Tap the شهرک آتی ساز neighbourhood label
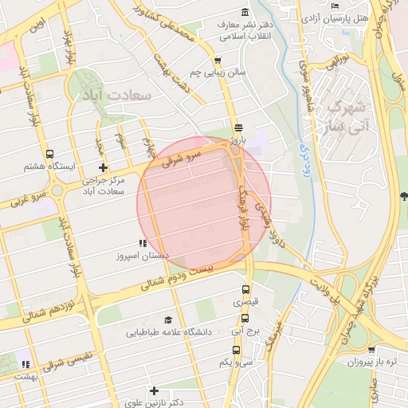coord(349,116)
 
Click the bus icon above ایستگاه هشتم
coord(50,154)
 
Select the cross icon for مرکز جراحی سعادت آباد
coord(103,167)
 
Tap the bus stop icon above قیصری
coord(245,289)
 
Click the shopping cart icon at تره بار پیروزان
coord(371,348)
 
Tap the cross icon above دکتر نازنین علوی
coord(154,390)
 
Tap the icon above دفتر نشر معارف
coord(244,12)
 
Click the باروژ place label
coord(238,140)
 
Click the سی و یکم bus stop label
coord(237,362)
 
